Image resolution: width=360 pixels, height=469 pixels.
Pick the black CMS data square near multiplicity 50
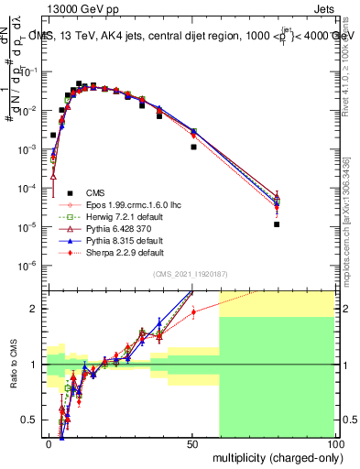pyautogui.click(x=193, y=147)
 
